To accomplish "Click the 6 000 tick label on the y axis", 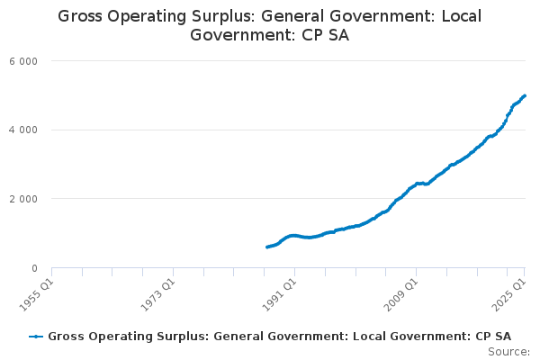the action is coord(23,61).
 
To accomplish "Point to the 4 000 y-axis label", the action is coord(23,130).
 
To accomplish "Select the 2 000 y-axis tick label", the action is coord(23,199).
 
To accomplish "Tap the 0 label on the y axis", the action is coord(34,268).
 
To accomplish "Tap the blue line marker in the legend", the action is coord(36,337).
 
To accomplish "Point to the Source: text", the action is coord(509,352).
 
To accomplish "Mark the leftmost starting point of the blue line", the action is coord(267,247).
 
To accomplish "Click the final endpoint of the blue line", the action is coord(525,95).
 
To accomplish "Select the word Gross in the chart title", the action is coord(80,16).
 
